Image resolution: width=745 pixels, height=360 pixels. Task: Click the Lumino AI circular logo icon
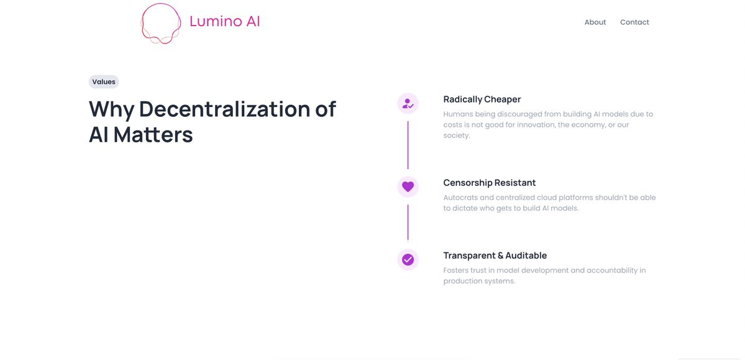click(160, 24)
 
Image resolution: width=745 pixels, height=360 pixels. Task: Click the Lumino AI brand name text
click(224, 22)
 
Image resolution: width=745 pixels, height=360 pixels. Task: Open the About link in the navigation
click(595, 22)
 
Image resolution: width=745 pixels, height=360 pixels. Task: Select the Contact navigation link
click(634, 22)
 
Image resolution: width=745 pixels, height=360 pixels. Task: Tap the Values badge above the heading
click(104, 81)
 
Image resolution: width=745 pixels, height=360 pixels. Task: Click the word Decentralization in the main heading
click(224, 109)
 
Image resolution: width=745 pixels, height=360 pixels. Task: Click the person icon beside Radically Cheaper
click(408, 104)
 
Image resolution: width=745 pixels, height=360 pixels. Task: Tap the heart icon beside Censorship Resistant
click(408, 187)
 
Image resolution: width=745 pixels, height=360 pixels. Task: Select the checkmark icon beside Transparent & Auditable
click(408, 260)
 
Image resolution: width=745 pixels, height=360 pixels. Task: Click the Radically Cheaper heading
click(482, 99)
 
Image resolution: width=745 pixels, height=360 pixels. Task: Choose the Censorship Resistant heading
click(489, 183)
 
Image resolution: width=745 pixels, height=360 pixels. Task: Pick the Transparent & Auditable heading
click(495, 256)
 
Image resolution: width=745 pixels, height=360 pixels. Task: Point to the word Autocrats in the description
click(460, 198)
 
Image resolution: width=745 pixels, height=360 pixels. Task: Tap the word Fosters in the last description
click(457, 270)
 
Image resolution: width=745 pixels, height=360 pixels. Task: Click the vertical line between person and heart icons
click(408, 145)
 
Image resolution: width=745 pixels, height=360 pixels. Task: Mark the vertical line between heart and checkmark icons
click(408, 222)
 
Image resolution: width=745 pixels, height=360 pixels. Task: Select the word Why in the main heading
click(111, 109)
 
